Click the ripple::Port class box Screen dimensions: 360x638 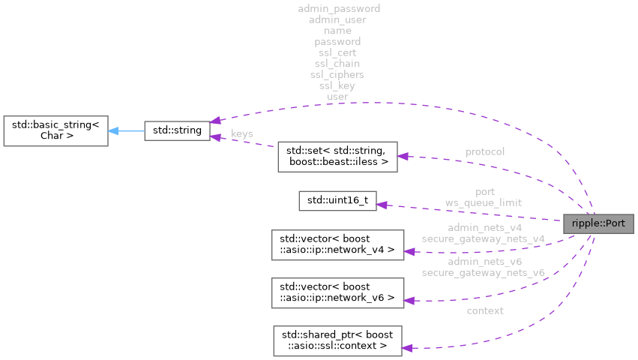pos(598,223)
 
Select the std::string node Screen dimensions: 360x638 pos(176,130)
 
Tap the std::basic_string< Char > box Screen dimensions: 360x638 pos(54,130)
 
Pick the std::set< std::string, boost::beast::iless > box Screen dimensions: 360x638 pos(337,155)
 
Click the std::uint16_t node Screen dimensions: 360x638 pos(337,201)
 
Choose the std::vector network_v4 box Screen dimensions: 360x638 pos(337,245)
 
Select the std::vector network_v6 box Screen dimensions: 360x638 pos(337,292)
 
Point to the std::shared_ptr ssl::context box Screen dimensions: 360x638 pos(337,339)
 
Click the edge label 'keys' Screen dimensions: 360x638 pos(241,133)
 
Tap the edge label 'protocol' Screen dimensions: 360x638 pos(484,151)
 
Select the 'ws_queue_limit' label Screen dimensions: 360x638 pos(484,202)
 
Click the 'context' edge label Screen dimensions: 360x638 pos(484,310)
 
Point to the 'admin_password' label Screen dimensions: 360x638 pos(339,8)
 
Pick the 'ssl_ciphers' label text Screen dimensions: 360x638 pos(337,74)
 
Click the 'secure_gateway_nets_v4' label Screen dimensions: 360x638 pos(483,238)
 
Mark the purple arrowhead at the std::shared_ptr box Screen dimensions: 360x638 pos(406,347)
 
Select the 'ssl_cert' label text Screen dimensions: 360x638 pos(337,52)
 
